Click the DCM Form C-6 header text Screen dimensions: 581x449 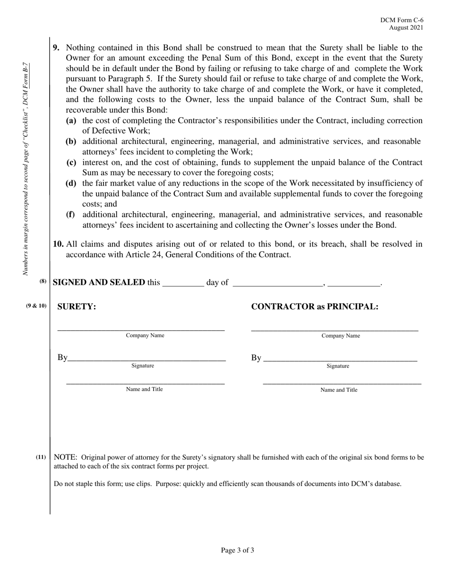(x=402, y=20)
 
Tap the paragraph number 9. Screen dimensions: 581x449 (x=56, y=48)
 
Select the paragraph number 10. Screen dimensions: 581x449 (x=58, y=244)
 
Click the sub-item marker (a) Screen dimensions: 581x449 (x=71, y=120)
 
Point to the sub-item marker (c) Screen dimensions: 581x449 (x=71, y=162)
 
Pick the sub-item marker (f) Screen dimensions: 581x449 (x=70, y=214)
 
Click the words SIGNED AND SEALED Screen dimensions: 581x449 (x=99, y=282)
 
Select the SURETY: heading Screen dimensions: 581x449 (x=77, y=307)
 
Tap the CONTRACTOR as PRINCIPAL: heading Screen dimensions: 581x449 (x=315, y=307)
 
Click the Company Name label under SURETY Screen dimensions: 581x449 (x=145, y=335)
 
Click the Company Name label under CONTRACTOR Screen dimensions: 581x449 (x=341, y=336)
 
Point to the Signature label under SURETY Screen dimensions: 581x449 (x=143, y=366)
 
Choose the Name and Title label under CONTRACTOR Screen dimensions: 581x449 (x=339, y=390)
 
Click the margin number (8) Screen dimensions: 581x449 (x=43, y=282)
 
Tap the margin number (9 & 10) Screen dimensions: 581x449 (x=36, y=306)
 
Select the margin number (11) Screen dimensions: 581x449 (x=41, y=457)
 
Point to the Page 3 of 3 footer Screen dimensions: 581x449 (x=237, y=550)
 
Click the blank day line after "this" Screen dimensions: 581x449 (x=183, y=285)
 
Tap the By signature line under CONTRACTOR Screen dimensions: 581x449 (x=340, y=360)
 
